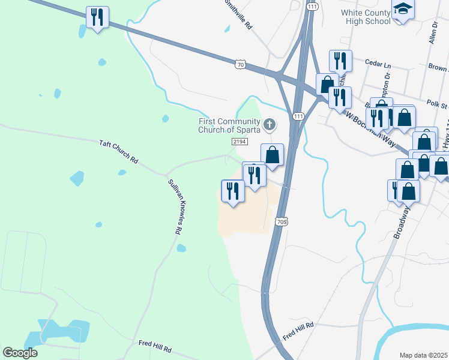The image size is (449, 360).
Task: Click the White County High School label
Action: point(366,17)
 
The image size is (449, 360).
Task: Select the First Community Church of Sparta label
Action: point(230,125)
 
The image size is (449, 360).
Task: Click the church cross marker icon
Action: point(270,125)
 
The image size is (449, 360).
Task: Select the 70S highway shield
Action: point(283,222)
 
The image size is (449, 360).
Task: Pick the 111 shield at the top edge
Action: point(311,5)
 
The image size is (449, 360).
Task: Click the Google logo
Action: point(20,353)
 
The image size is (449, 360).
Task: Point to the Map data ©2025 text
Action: point(423,355)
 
